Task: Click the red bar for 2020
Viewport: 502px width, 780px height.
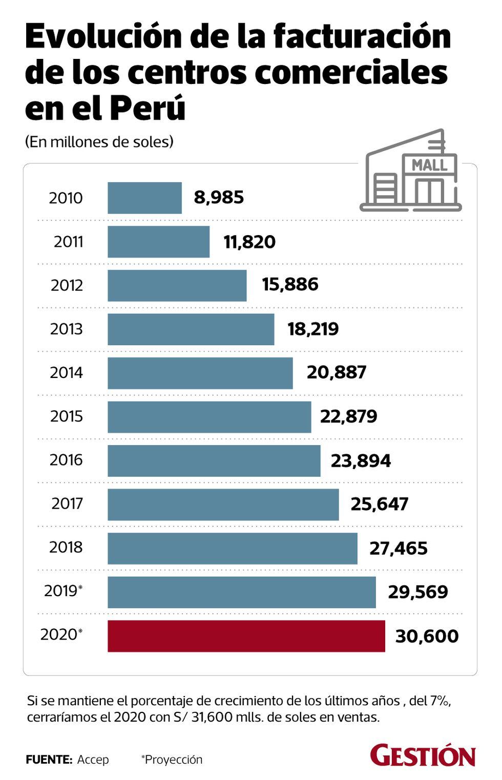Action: tap(246, 636)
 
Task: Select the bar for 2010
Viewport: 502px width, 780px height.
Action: tap(144, 198)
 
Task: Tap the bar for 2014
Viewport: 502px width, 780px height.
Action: tap(200, 373)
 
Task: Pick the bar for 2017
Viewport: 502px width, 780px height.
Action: tap(223, 504)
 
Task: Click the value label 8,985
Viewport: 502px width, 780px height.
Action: tap(219, 197)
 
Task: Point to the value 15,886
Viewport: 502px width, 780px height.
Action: tap(290, 285)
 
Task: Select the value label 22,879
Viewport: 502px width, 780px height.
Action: tap(348, 416)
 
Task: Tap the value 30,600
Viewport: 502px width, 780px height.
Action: tap(427, 636)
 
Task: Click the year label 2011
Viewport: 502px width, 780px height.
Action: tap(68, 242)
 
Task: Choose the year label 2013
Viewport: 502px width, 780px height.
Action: tap(66, 329)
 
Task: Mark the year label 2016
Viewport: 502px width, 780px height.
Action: tap(66, 460)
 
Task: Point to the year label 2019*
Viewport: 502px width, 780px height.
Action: tap(63, 591)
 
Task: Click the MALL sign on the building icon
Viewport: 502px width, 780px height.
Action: tap(429, 165)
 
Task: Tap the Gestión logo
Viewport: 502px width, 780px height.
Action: tap(423, 756)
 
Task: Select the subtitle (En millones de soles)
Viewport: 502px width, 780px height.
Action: tap(99, 142)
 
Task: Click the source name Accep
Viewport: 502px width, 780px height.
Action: tap(93, 760)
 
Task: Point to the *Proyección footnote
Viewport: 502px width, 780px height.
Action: tap(172, 760)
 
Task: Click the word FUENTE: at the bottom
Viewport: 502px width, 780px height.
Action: tap(49, 760)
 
